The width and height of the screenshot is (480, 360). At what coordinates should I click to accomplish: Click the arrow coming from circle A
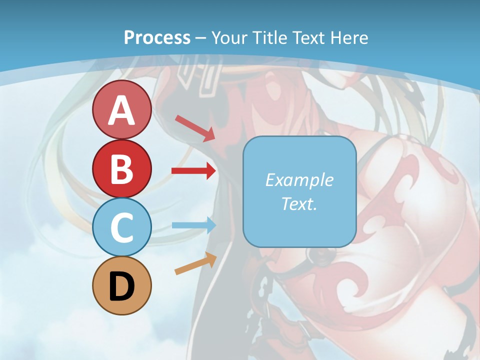click(195, 128)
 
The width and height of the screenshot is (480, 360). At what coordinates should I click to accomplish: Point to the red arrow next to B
click(193, 171)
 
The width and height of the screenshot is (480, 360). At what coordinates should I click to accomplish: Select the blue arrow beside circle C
click(193, 225)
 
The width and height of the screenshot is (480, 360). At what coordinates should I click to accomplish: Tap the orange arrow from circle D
click(195, 263)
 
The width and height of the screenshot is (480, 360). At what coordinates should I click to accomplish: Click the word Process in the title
click(157, 37)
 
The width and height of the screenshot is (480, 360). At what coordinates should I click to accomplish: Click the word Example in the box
click(299, 180)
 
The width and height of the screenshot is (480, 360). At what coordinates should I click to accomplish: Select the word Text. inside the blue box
click(299, 203)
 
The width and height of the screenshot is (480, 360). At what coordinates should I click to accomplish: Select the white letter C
click(121, 228)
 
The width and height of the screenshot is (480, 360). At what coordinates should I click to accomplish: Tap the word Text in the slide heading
click(308, 37)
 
